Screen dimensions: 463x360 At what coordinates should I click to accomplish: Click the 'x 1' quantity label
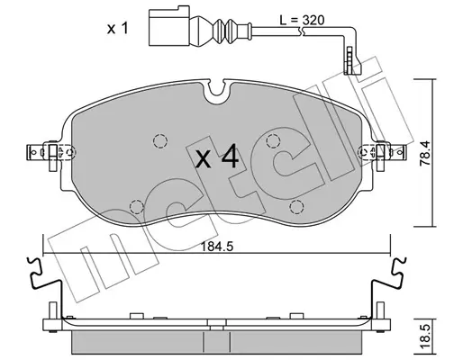pyautogui.click(x=118, y=29)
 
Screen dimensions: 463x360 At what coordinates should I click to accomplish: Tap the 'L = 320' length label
pyautogui.click(x=302, y=20)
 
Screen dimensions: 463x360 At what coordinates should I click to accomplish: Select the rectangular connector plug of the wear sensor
pyautogui.click(x=169, y=26)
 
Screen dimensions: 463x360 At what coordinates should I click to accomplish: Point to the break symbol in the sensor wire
pyautogui.click(x=303, y=31)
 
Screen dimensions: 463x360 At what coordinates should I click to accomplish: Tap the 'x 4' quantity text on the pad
pyautogui.click(x=217, y=156)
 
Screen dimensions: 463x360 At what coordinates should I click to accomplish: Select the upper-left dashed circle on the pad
pyautogui.click(x=160, y=140)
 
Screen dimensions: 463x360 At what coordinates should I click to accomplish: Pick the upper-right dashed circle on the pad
pyautogui.click(x=274, y=140)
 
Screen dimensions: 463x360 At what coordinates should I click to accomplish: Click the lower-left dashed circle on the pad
pyautogui.click(x=137, y=206)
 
